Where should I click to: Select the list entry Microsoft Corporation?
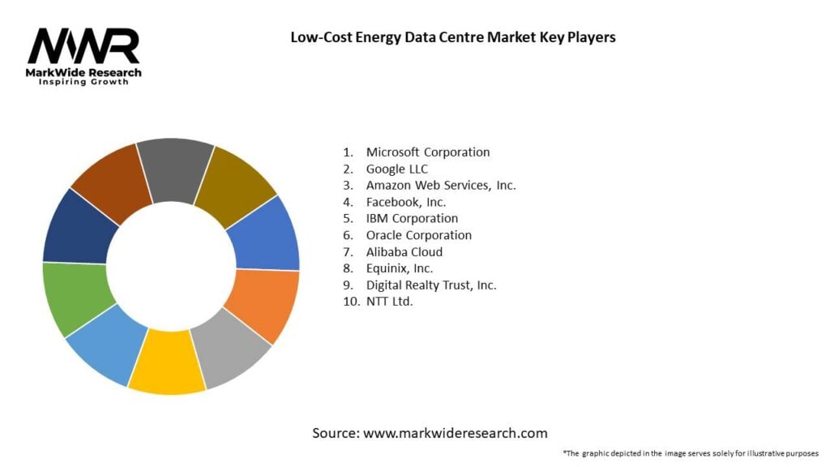427,152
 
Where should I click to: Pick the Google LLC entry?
396,169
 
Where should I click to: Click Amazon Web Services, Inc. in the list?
440,185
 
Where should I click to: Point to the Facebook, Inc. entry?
405,202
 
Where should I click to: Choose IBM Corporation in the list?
412,218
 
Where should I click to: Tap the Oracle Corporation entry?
418,235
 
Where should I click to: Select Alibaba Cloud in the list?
404,251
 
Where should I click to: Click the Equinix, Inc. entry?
399,268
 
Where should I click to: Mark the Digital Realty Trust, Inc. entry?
430,285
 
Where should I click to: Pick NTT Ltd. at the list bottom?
389,301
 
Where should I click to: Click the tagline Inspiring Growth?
83,83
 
